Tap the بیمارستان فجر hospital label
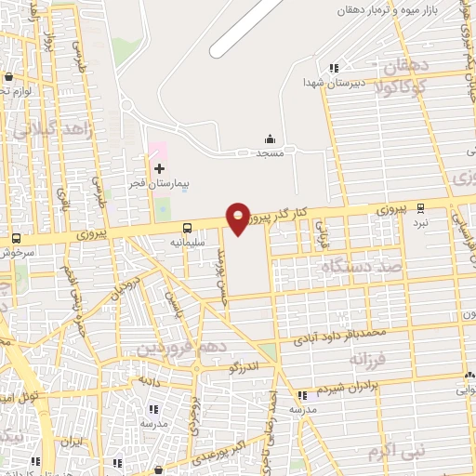coord(158,185)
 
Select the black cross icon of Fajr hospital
coord(159,168)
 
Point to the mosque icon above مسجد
coord(271,139)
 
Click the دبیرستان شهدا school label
coord(324,83)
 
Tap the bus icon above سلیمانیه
coord(188,227)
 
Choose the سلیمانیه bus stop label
coord(187,242)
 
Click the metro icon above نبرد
coord(421,207)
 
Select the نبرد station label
coord(421,222)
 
